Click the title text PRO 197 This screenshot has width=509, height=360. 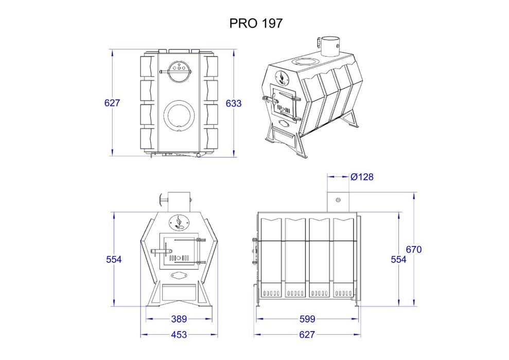(255, 24)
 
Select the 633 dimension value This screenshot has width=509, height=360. (233, 103)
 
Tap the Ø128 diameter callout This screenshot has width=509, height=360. (362, 177)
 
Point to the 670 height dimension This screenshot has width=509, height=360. (414, 249)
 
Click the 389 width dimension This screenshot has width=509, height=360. (179, 319)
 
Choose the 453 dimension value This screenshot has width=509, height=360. (179, 335)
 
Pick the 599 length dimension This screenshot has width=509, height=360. (307, 319)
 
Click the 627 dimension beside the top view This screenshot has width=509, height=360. (112, 103)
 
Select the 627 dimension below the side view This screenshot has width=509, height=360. (307, 335)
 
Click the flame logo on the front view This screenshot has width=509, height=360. (179, 222)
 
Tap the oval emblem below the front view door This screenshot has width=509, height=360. (179, 275)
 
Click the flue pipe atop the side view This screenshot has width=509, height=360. (338, 201)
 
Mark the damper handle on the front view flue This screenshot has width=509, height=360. (162, 199)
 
